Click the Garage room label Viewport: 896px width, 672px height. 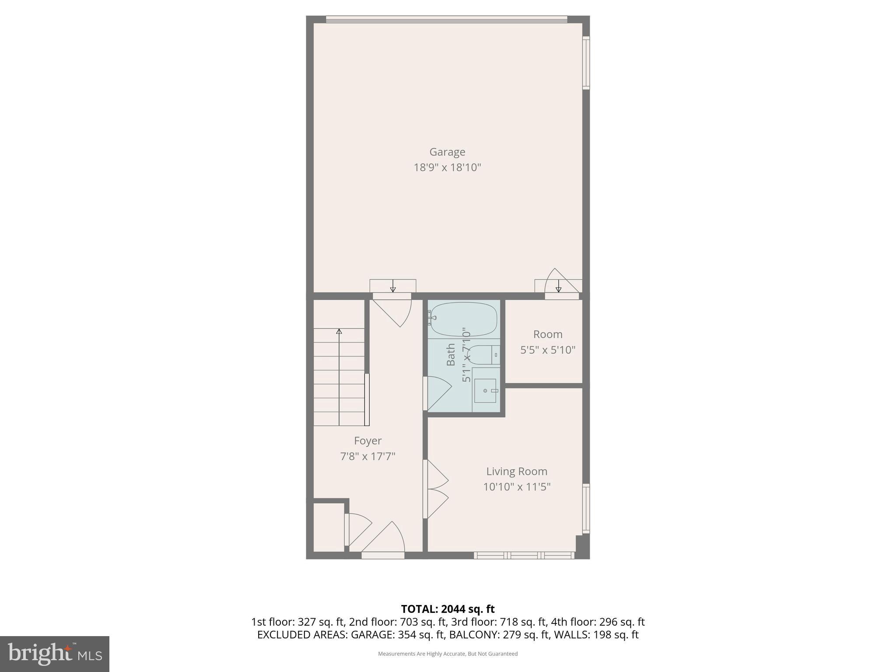447,152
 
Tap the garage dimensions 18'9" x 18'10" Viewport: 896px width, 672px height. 447,167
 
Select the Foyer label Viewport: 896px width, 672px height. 367,441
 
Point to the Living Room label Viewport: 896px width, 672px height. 517,471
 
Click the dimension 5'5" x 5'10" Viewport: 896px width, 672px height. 547,350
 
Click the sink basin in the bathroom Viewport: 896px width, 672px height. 485,390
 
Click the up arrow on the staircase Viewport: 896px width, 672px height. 339,332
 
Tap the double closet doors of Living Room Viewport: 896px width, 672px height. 435,489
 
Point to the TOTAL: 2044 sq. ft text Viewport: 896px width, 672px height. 448,609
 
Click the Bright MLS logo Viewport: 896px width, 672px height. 54,654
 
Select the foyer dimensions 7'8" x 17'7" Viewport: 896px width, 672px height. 367,456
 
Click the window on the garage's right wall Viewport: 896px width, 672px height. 586,63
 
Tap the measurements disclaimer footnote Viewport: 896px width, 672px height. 448,654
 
